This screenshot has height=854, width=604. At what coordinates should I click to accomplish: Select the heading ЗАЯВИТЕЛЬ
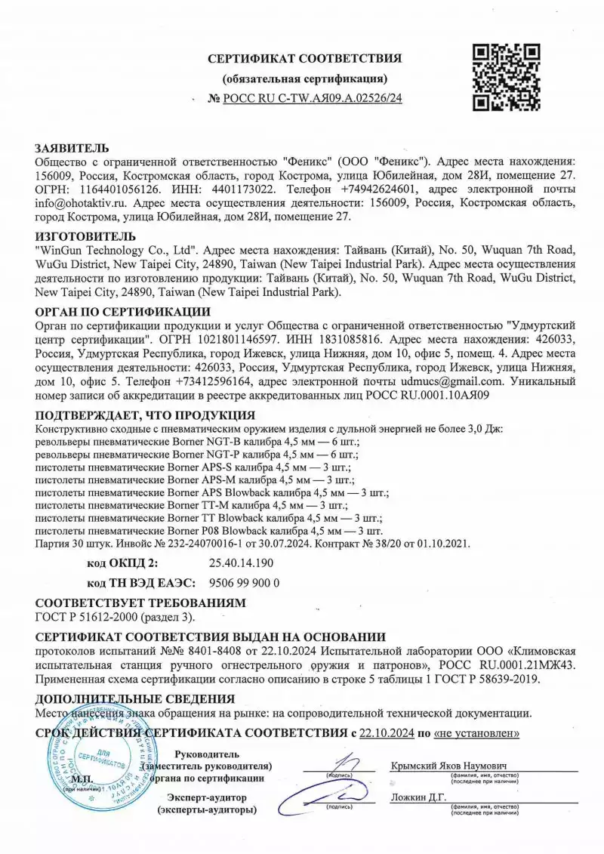point(72,148)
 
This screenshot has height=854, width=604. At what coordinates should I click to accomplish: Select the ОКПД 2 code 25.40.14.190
point(240,563)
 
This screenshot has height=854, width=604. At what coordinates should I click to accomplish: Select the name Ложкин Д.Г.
point(419,797)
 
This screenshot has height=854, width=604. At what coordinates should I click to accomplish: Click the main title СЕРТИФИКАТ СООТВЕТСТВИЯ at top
point(305,58)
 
